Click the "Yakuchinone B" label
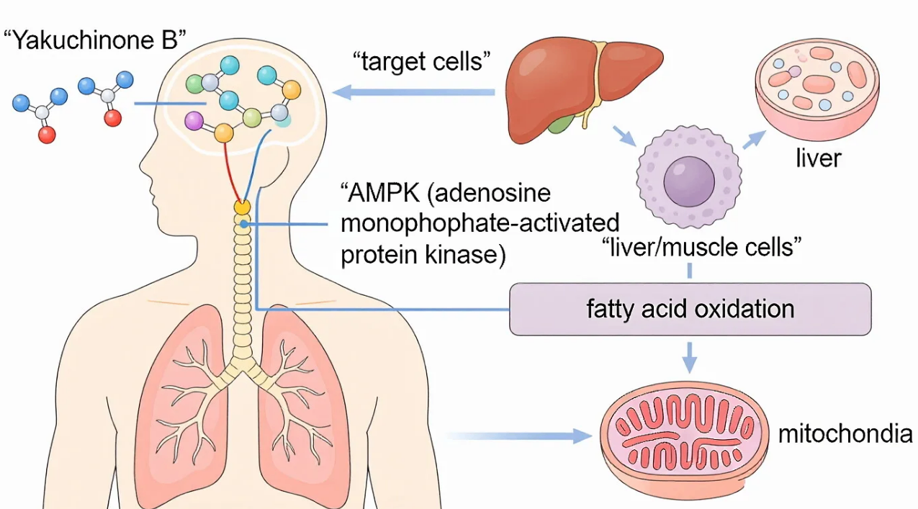coord(95,40)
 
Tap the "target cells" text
coord(422,62)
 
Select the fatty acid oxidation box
coord(690,309)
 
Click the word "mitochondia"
coord(845,433)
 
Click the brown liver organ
coord(584,88)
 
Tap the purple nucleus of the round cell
coord(689,181)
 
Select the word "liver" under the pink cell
coord(819,158)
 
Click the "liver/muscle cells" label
coord(701,247)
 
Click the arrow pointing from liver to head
coord(413,92)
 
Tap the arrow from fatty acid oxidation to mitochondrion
coord(690,357)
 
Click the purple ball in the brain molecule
coord(194,121)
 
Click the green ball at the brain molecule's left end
coord(194,84)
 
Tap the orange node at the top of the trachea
coord(242,207)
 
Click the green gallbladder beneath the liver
coord(561,123)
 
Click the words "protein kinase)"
coord(423,255)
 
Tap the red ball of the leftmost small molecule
coord(47,135)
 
